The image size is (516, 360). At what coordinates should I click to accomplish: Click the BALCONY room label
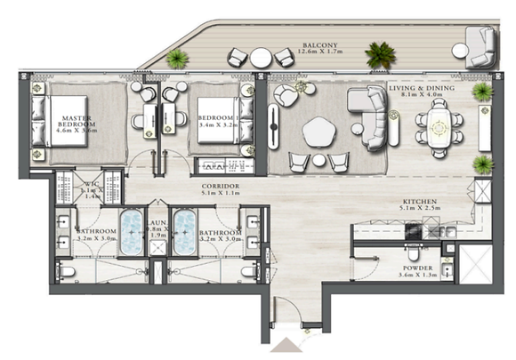click(316, 43)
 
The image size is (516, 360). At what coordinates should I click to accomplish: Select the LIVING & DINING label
click(422, 89)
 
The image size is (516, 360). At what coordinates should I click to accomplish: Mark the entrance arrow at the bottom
click(290, 345)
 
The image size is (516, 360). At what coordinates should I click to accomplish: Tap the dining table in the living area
click(439, 130)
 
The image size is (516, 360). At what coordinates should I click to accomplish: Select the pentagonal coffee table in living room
click(320, 132)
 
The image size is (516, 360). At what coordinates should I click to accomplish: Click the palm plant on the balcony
click(380, 54)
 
